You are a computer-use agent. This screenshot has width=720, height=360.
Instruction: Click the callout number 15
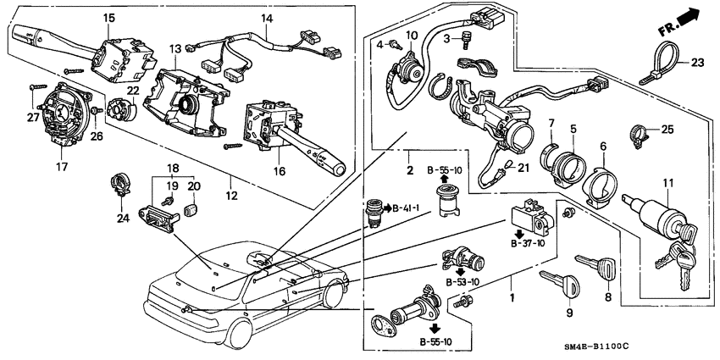(108, 18)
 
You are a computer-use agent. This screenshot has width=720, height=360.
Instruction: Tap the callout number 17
(62, 166)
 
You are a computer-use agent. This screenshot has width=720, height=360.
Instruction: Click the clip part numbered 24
(119, 184)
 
